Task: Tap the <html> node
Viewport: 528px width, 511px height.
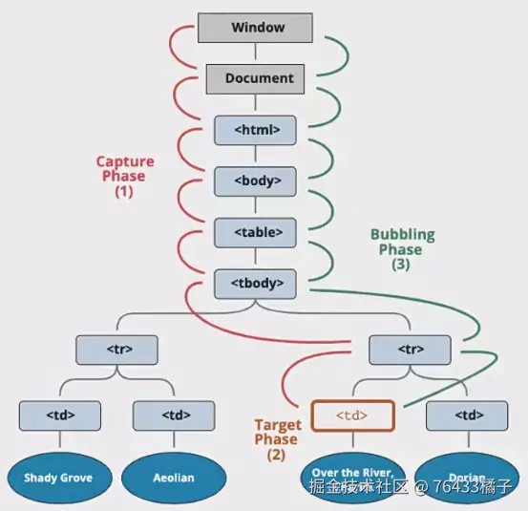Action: tap(255, 130)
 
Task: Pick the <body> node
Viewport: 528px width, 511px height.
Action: tap(255, 181)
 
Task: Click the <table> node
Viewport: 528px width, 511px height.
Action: tap(255, 231)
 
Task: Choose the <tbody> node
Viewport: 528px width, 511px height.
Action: tap(255, 283)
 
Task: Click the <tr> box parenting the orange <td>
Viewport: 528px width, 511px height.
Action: tap(409, 351)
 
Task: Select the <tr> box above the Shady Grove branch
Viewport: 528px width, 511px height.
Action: tap(117, 351)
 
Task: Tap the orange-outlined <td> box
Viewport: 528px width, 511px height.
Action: tap(352, 415)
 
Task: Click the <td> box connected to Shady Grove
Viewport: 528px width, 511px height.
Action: tap(60, 415)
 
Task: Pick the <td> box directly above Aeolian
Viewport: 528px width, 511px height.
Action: tap(173, 415)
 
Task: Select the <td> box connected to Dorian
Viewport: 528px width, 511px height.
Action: tap(467, 415)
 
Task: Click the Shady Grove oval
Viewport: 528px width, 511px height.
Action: tap(60, 477)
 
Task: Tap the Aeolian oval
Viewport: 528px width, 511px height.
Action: tap(173, 477)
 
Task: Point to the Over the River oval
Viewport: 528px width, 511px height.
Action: tap(352, 475)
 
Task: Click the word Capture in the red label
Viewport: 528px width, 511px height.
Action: tap(125, 161)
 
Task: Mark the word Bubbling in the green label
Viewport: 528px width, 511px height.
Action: tap(401, 234)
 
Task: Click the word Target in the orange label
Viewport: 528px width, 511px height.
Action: tap(278, 425)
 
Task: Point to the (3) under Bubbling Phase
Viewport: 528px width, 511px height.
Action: tap(401, 265)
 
